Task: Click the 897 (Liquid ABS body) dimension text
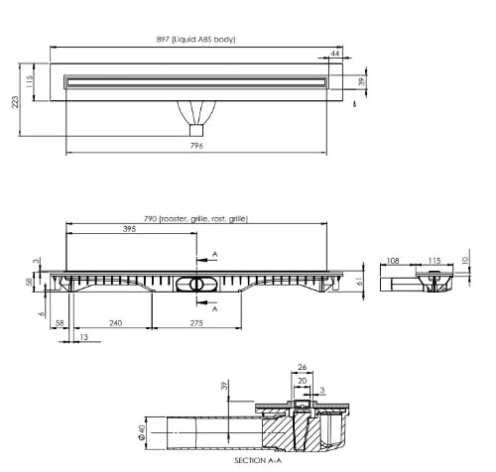click(195, 40)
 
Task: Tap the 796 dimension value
click(196, 146)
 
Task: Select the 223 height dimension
click(15, 102)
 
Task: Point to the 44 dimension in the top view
click(335, 54)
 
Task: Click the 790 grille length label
click(195, 219)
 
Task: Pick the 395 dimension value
click(129, 229)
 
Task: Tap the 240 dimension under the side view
click(115, 322)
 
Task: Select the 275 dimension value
click(196, 322)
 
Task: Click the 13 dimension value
click(84, 337)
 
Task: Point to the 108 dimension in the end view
click(393, 261)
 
